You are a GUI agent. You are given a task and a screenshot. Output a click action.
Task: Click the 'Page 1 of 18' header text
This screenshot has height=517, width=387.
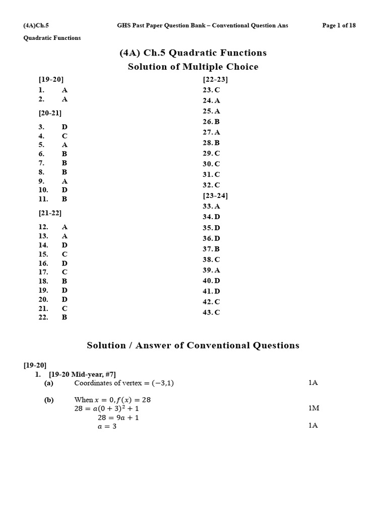click(339, 26)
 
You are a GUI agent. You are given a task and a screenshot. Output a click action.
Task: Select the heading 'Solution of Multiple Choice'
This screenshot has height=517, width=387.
click(193, 67)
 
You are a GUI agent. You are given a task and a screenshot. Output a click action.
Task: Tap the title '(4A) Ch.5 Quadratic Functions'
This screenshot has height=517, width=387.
click(193, 53)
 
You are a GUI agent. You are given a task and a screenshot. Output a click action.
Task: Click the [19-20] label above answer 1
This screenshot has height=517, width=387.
click(51, 79)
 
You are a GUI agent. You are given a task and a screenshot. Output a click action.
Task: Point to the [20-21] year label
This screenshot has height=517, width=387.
click(50, 113)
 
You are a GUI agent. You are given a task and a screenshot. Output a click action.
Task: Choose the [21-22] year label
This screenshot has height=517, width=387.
click(50, 213)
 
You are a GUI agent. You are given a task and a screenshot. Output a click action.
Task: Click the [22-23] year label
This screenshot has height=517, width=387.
click(215, 79)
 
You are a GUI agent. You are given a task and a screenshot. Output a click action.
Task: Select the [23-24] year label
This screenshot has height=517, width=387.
click(215, 195)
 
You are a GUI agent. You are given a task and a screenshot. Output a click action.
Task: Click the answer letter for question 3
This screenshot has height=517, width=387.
click(64, 127)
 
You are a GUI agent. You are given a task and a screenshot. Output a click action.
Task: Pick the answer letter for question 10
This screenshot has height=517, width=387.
click(64, 190)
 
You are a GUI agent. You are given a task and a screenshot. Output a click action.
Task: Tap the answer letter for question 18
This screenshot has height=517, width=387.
click(64, 281)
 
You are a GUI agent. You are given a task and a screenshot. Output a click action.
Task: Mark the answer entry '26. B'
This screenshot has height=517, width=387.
click(211, 122)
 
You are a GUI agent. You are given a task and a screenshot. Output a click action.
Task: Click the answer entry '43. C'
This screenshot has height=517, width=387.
click(211, 313)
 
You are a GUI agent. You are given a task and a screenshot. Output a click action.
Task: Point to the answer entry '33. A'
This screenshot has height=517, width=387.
click(211, 206)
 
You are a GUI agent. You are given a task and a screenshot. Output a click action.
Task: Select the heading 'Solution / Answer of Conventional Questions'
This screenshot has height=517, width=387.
click(193, 345)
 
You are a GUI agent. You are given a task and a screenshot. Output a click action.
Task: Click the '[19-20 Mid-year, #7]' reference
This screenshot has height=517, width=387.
click(82, 374)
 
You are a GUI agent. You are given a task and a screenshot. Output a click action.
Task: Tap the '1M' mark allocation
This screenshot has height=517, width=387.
click(314, 408)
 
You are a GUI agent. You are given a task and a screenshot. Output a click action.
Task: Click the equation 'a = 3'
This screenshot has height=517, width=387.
click(107, 426)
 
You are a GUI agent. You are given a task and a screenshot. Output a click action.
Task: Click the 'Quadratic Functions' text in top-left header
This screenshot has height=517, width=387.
click(52, 38)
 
